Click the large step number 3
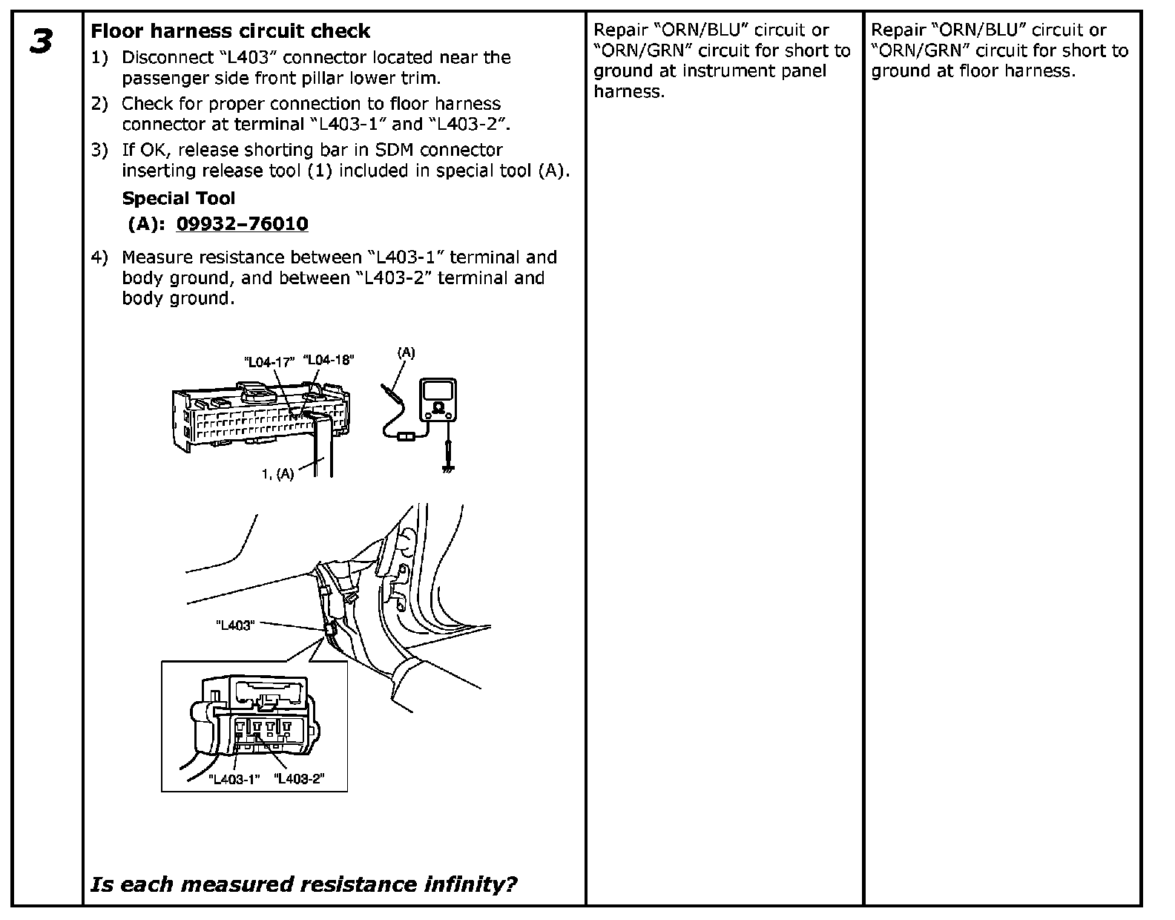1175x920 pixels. tap(42, 42)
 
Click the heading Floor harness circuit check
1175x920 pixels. tap(230, 31)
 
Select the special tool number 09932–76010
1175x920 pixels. tap(242, 223)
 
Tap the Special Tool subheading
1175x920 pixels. tap(178, 198)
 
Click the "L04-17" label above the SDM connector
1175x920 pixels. tap(269, 362)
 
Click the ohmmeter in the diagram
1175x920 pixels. tap(437, 401)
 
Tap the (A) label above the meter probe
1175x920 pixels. tap(406, 352)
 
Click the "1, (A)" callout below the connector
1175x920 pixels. tap(277, 473)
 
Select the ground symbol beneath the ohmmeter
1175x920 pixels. tap(447, 467)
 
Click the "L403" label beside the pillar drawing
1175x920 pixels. tap(234, 625)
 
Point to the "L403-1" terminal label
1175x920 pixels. tap(235, 779)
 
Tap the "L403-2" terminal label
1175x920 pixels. tap(300, 779)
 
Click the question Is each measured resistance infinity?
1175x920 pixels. tap(303, 884)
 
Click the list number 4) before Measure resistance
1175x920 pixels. tap(99, 257)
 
